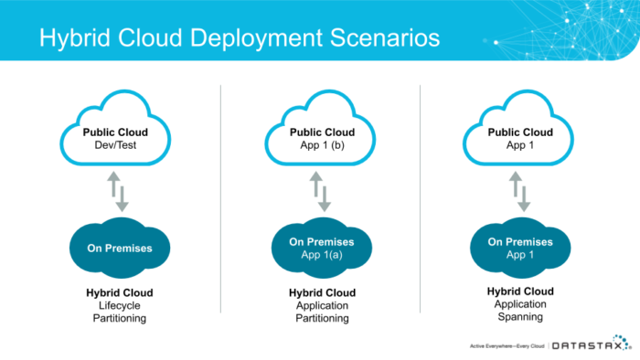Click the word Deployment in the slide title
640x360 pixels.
(256, 38)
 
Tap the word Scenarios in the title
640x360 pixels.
(385, 37)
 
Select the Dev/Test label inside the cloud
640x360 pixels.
(115, 145)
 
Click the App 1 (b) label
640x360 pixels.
(322, 145)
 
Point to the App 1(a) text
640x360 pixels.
(322, 255)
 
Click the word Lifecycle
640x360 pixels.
(120, 306)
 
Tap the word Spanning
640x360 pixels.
(520, 317)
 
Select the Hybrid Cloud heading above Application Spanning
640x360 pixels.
(520, 291)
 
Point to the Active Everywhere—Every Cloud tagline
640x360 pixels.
(507, 346)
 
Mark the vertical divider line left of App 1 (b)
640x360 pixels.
(221, 199)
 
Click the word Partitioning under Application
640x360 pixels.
(322, 318)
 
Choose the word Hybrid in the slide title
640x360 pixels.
(75, 38)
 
